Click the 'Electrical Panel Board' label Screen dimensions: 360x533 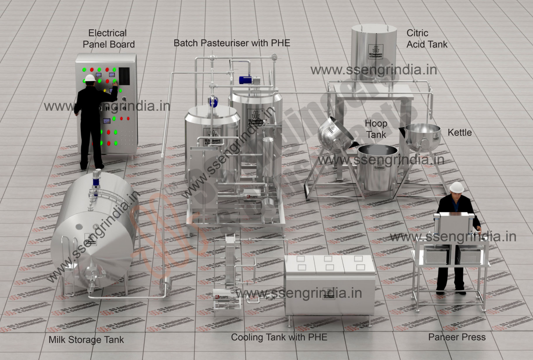pyautogui.click(x=108, y=39)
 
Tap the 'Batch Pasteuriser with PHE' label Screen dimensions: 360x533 pyautogui.click(x=231, y=43)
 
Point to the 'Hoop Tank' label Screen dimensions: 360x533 pyautogui.click(x=376, y=129)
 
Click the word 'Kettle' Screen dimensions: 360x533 pyautogui.click(x=459, y=133)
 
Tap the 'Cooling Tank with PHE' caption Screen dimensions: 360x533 pyautogui.click(x=279, y=337)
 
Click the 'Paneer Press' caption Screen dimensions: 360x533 pyautogui.click(x=457, y=337)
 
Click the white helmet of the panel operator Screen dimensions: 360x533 pyautogui.click(x=90, y=78)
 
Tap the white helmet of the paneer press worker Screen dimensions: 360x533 pyautogui.click(x=456, y=187)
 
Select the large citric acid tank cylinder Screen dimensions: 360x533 pyautogui.click(x=374, y=51)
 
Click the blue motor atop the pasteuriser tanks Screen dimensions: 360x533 pyautogui.click(x=246, y=80)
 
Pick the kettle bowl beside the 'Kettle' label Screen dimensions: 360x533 pyautogui.click(x=422, y=135)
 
